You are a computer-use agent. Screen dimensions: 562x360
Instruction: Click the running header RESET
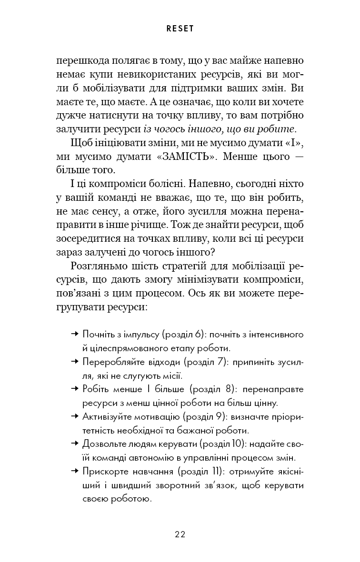coord(180,29)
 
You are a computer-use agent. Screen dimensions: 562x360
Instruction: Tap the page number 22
coord(180,533)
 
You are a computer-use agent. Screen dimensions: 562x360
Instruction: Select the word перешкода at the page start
coord(80,62)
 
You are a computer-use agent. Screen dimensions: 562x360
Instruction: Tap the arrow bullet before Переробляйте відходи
coord(74,362)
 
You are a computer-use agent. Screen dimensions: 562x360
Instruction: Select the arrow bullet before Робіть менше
coord(74,389)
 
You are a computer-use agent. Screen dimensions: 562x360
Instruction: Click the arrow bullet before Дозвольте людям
coord(74,444)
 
